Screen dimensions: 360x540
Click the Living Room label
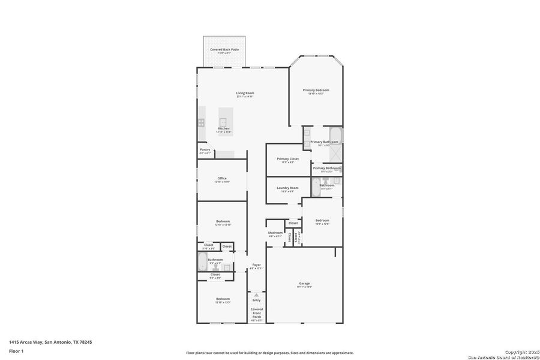coord(245,93)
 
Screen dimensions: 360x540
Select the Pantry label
coord(205,150)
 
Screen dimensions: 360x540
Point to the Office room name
coord(222,178)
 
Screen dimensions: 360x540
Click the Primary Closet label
coord(287,159)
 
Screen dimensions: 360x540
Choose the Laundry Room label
coord(287,188)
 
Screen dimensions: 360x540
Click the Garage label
coord(304,283)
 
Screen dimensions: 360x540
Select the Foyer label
coord(256,265)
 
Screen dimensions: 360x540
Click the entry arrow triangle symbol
coord(256,295)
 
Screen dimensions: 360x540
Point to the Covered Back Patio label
coord(224,49)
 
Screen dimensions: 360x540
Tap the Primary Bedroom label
coord(316,90)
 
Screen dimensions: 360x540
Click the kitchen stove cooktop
coord(202,122)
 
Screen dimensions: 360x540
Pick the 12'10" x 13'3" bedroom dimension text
coord(223,302)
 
